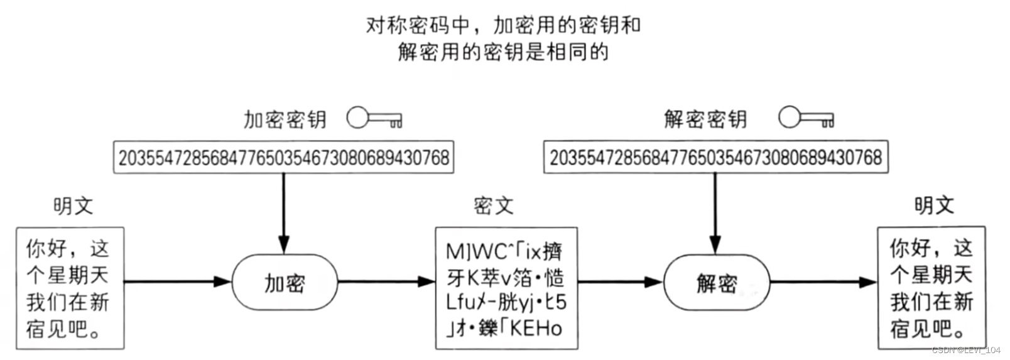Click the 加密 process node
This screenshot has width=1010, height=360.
click(x=285, y=283)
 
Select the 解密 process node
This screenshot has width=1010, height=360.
click(x=717, y=283)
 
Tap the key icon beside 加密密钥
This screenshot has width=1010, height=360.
click(x=374, y=118)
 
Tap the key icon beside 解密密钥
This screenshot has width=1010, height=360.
click(x=806, y=118)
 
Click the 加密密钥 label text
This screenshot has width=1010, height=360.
click(x=285, y=119)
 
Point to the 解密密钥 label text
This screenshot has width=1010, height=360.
click(x=705, y=119)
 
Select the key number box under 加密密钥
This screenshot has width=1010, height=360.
click(x=284, y=157)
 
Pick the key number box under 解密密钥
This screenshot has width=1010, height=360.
click(x=716, y=157)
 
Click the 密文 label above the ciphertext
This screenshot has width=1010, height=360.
click(x=493, y=205)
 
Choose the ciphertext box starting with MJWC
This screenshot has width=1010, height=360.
click(x=506, y=288)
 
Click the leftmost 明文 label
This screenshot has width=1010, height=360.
click(x=73, y=205)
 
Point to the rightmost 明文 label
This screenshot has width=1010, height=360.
click(x=934, y=205)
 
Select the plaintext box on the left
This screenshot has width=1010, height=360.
click(x=70, y=288)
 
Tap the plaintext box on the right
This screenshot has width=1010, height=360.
click(x=931, y=288)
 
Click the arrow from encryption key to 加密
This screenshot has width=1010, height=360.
click(x=284, y=210)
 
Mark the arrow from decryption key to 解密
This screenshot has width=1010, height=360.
click(x=715, y=210)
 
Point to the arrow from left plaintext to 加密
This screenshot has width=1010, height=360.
click(x=178, y=282)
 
